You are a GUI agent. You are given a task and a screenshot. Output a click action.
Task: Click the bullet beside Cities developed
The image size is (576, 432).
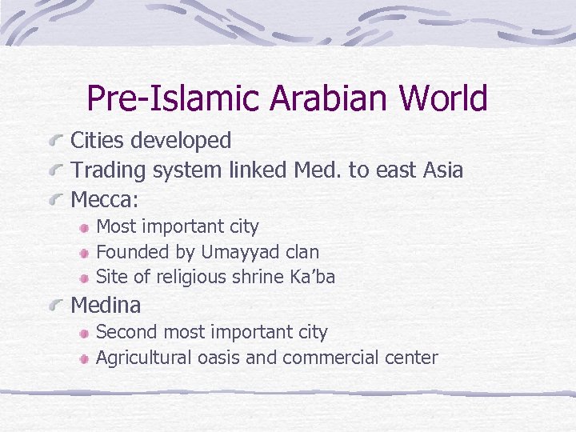click(55, 142)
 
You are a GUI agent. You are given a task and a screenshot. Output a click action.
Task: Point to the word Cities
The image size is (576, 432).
click(98, 141)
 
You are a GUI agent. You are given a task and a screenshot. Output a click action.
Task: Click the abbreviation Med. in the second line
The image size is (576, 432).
click(318, 170)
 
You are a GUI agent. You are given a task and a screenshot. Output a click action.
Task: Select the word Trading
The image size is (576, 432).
click(107, 170)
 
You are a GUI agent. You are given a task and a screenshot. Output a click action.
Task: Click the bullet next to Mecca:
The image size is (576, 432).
click(55, 200)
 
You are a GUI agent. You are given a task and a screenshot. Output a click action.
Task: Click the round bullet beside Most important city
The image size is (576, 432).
click(84, 229)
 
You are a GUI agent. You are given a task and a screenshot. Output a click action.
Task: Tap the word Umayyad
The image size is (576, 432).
click(240, 252)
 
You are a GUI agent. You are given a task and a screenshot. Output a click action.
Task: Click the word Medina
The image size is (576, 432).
click(106, 305)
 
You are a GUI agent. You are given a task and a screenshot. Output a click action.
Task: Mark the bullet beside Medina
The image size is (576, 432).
click(55, 306)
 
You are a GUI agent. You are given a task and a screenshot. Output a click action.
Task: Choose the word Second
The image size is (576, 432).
click(126, 331)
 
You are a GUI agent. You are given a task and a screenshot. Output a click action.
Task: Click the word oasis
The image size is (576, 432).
click(217, 357)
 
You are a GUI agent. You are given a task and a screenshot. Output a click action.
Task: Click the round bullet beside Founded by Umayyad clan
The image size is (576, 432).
click(84, 254)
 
